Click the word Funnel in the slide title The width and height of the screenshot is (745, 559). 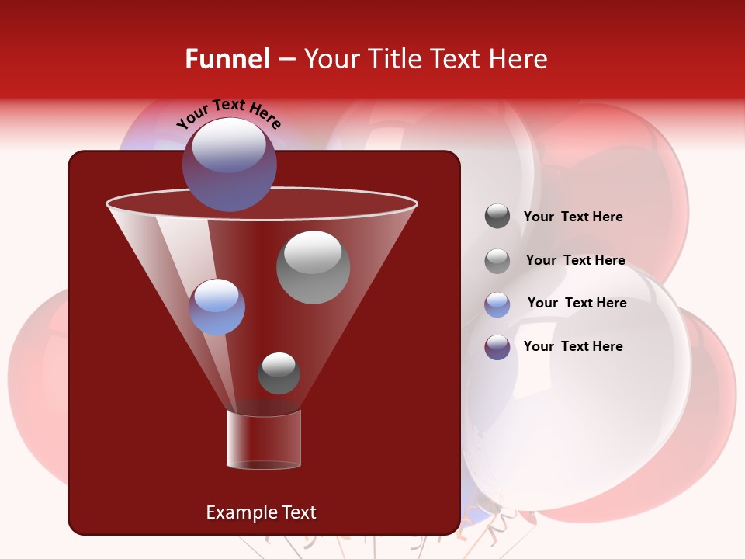[227, 59]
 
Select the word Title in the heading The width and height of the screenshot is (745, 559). [393, 59]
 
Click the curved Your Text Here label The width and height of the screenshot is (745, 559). [228, 112]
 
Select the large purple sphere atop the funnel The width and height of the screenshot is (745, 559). [230, 164]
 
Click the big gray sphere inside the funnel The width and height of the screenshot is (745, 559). [313, 267]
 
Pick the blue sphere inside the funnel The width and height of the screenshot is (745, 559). [217, 307]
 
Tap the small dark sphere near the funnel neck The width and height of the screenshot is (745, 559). [279, 373]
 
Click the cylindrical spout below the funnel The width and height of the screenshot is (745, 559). [264, 439]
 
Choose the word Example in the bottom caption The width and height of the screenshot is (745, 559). [241, 512]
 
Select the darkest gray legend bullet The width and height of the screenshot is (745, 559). [497, 217]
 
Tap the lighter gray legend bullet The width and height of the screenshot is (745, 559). [497, 261]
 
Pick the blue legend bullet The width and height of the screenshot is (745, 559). [497, 304]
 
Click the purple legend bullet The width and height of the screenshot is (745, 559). [497, 347]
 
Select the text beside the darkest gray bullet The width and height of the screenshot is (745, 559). [573, 217]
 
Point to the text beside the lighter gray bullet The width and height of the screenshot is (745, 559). [575, 260]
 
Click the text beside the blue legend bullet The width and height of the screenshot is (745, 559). [577, 303]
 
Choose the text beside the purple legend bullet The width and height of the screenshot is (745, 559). [573, 346]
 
